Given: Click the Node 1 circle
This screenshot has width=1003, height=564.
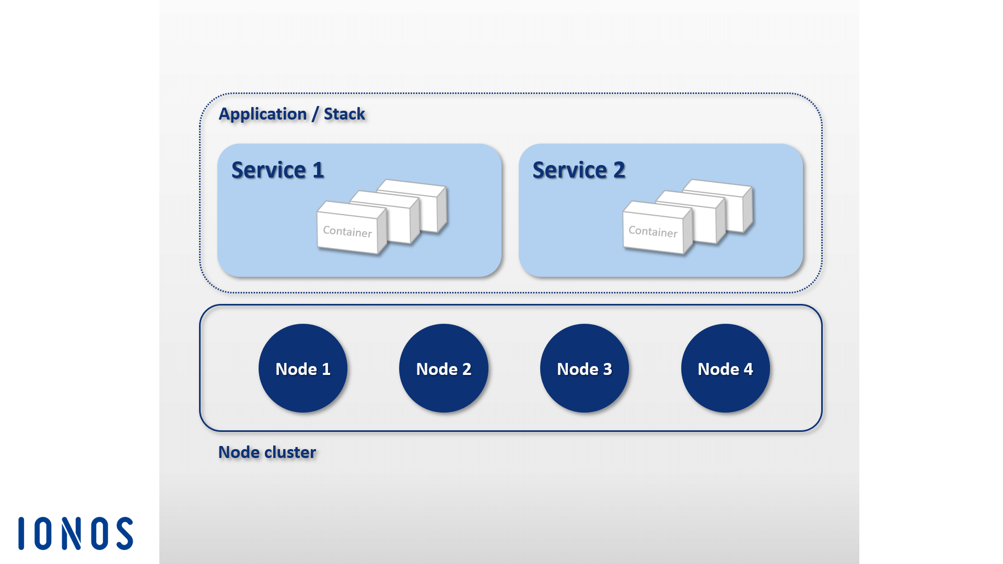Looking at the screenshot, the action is point(303,368).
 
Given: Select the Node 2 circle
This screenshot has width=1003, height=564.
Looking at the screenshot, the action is point(444,368).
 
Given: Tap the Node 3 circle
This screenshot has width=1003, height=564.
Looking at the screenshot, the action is point(585,368).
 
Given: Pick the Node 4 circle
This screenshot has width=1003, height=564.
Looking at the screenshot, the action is point(726,368).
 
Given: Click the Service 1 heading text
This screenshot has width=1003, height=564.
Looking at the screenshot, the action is point(277,170).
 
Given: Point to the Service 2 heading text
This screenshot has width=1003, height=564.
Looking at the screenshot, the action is point(579,170).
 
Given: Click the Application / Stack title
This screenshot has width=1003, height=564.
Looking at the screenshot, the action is point(291,114).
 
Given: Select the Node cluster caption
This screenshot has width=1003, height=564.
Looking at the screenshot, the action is point(267,452).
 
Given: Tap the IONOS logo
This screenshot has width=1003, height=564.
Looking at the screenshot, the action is point(76,533).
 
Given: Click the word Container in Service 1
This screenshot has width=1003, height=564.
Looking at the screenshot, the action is point(347,232).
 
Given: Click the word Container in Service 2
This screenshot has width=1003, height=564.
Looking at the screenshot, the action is point(653,231).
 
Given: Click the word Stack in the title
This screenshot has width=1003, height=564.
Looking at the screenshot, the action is point(344,114).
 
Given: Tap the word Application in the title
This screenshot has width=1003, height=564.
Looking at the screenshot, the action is point(263,114).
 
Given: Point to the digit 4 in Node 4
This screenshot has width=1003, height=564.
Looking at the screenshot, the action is point(748,369).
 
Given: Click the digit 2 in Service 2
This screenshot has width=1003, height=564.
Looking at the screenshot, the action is point(620,170).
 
